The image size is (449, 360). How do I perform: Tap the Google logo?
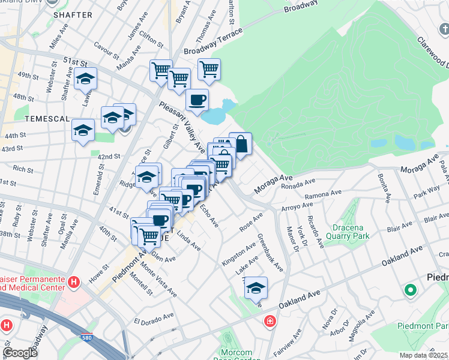[20, 353]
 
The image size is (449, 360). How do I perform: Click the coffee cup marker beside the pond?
[197, 100]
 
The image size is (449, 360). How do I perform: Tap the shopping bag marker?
[240, 144]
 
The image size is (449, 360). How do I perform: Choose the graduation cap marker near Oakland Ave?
[256, 287]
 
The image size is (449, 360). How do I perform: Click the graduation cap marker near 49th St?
[85, 79]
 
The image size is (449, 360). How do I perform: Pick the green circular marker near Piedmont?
[411, 291]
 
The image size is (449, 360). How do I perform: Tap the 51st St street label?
[76, 61]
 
